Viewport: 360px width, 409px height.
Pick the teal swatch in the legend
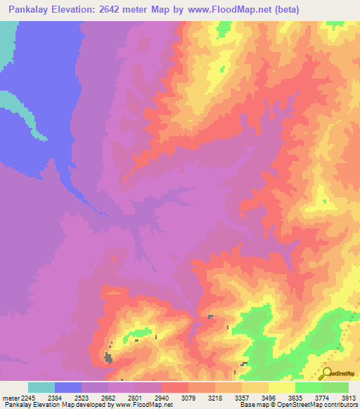[41, 387]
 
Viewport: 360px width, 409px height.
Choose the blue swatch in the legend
[68, 387]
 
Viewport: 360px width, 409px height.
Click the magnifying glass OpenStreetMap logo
[327, 373]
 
